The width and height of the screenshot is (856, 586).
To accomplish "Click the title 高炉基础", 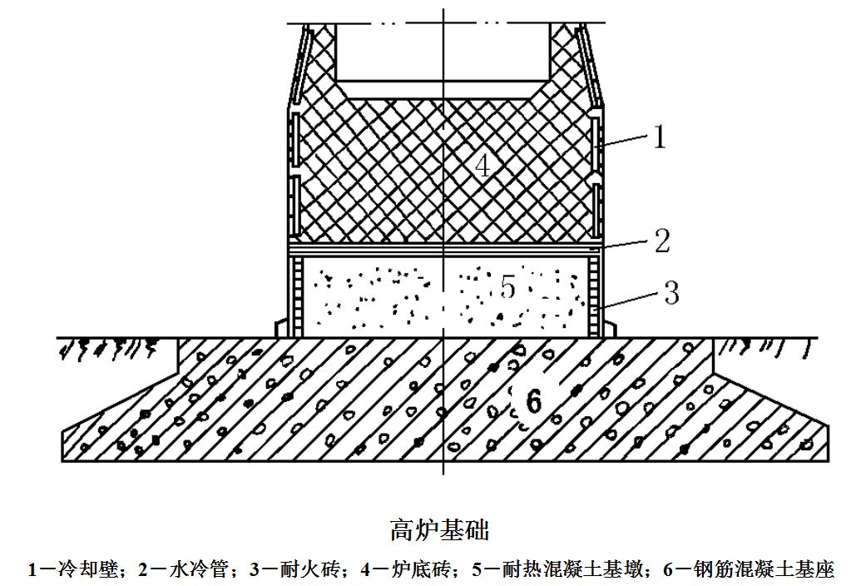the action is tap(439, 529).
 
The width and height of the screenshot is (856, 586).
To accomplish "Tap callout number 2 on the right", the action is tap(662, 241).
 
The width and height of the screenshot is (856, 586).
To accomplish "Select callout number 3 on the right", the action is tap(671, 292).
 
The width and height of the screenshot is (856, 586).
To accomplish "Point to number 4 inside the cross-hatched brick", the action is tap(482, 165).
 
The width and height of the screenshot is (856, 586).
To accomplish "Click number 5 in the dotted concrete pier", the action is tap(507, 287).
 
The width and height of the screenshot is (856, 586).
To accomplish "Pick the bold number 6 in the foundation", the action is tap(533, 402).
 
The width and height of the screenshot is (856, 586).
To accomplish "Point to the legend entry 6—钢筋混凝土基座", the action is tap(749, 569).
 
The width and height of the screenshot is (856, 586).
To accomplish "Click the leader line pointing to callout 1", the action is tap(625, 141).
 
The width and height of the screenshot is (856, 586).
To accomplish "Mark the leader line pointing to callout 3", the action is tap(630, 301).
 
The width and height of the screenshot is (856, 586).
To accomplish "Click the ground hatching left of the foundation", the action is tap(109, 350).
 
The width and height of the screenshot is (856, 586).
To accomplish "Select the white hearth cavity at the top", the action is tap(443, 52).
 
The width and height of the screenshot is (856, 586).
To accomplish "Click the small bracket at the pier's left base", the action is tap(282, 329).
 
